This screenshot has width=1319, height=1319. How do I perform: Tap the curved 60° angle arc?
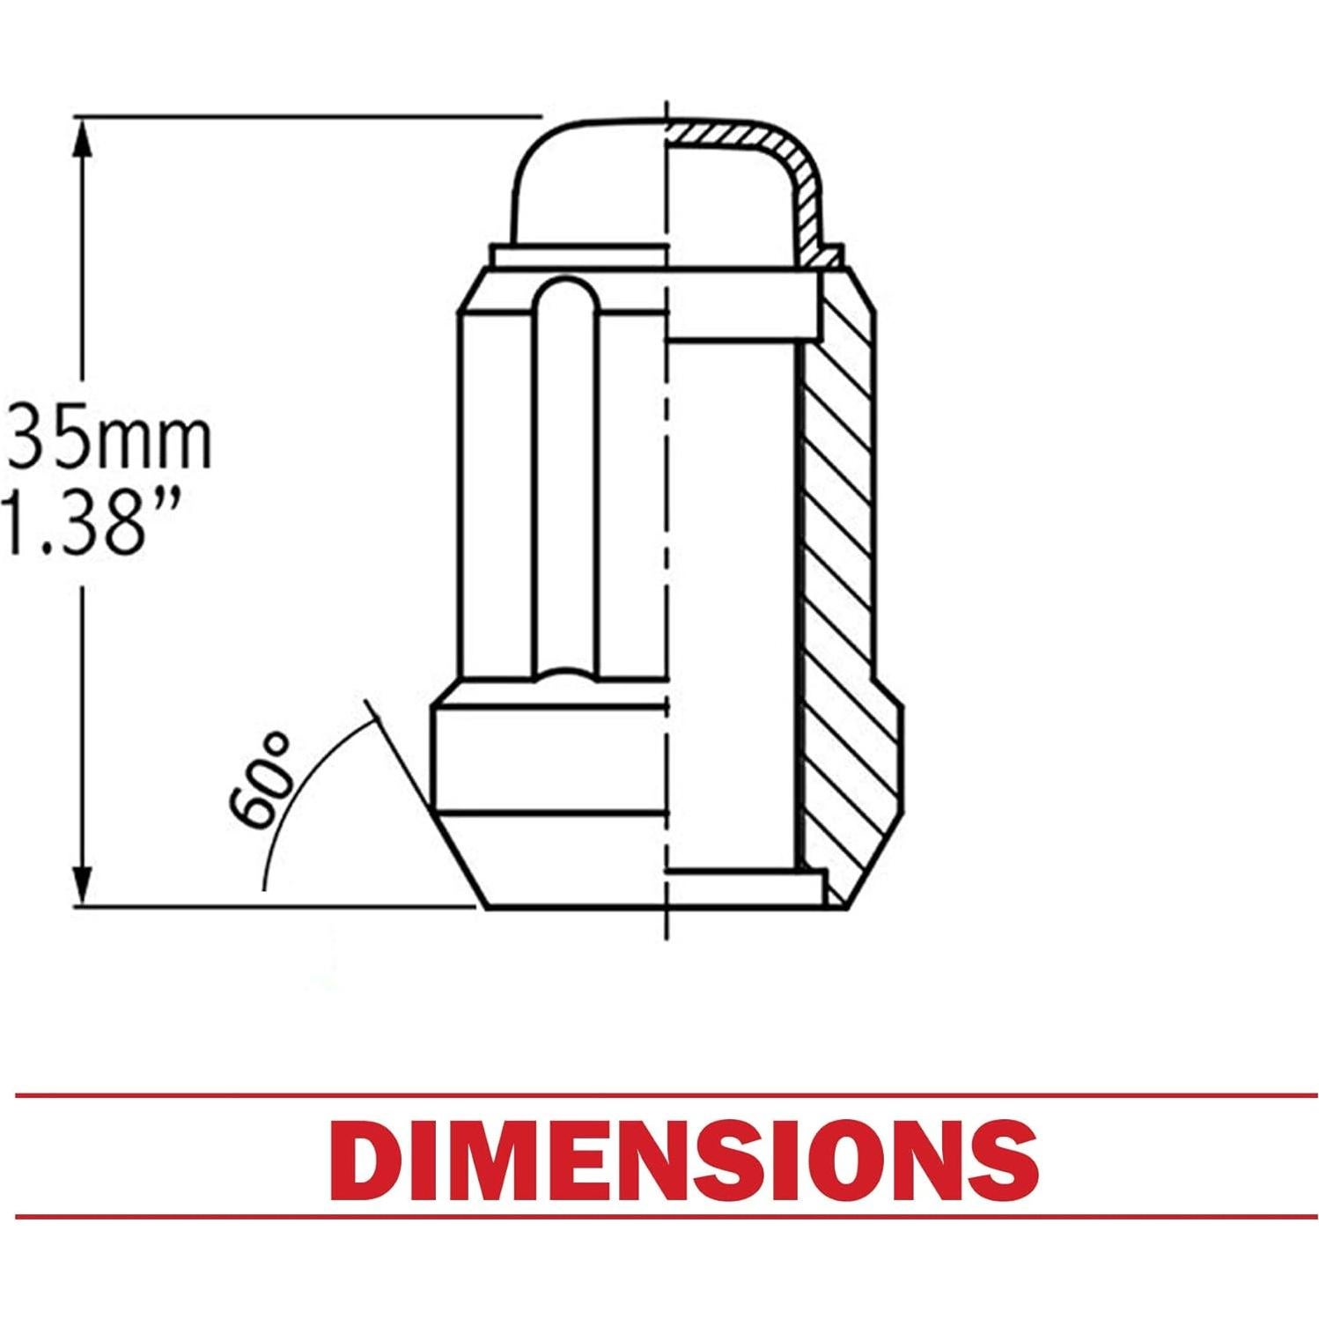[x=291, y=792]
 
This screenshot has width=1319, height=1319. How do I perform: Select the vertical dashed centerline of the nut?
[x=668, y=528]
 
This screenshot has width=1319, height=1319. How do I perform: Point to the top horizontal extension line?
[x=308, y=116]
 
